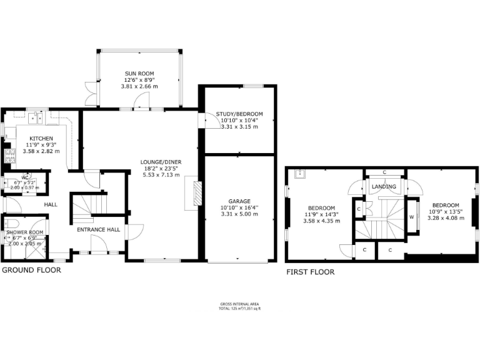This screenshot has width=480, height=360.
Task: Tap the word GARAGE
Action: point(239,201)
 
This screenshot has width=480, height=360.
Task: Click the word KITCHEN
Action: point(39,138)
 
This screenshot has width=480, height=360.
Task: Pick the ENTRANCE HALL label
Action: point(98,230)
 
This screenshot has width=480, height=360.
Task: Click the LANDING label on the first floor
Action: point(384,186)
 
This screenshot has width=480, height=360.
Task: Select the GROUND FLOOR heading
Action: point(31,271)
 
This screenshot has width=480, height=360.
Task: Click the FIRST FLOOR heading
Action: point(310,272)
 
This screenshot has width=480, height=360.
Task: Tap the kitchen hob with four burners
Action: point(9,154)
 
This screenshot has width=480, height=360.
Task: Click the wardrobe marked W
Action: point(412,217)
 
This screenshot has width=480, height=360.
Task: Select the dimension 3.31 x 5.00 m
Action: point(239,214)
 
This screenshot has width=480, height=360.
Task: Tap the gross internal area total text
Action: point(239,308)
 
